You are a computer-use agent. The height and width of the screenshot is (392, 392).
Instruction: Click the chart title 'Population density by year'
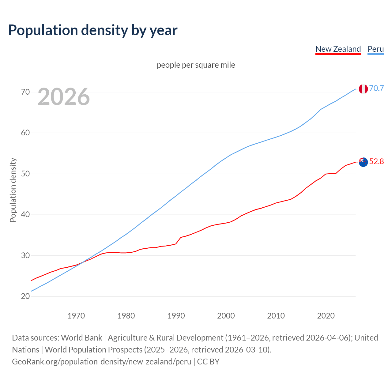click(93, 30)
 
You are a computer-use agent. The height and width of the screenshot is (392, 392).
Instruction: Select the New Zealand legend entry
click(338, 49)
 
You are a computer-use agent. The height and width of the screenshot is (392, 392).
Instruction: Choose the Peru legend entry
click(375, 49)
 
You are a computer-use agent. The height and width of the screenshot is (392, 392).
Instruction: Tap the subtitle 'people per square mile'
click(196, 65)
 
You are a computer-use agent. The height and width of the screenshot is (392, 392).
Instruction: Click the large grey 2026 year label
click(64, 97)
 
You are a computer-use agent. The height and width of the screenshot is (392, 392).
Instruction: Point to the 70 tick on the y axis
click(25, 92)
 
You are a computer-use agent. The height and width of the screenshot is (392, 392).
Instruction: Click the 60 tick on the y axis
click(25, 133)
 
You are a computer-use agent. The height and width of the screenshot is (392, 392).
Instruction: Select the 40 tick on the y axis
click(25, 214)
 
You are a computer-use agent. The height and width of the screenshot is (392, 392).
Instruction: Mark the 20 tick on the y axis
click(25, 296)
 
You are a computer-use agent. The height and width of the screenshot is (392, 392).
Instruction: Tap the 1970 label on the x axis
click(76, 316)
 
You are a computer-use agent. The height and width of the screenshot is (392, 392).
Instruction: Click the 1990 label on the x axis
click(176, 316)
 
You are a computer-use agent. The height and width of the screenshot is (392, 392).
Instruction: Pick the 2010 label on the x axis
click(276, 316)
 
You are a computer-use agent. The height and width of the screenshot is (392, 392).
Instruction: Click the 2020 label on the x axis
click(326, 316)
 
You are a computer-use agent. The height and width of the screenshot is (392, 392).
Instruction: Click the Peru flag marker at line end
click(363, 89)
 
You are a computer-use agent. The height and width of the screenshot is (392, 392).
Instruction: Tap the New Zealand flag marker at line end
click(363, 162)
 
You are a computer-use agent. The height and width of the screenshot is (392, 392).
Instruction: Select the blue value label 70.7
click(376, 89)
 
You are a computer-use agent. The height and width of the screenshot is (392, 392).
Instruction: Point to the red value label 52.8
click(376, 162)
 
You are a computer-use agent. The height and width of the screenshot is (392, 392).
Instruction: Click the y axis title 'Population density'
click(13, 190)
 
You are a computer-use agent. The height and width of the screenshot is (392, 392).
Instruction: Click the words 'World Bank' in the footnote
click(81, 338)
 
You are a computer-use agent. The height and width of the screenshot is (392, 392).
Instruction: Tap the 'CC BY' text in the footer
click(208, 362)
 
